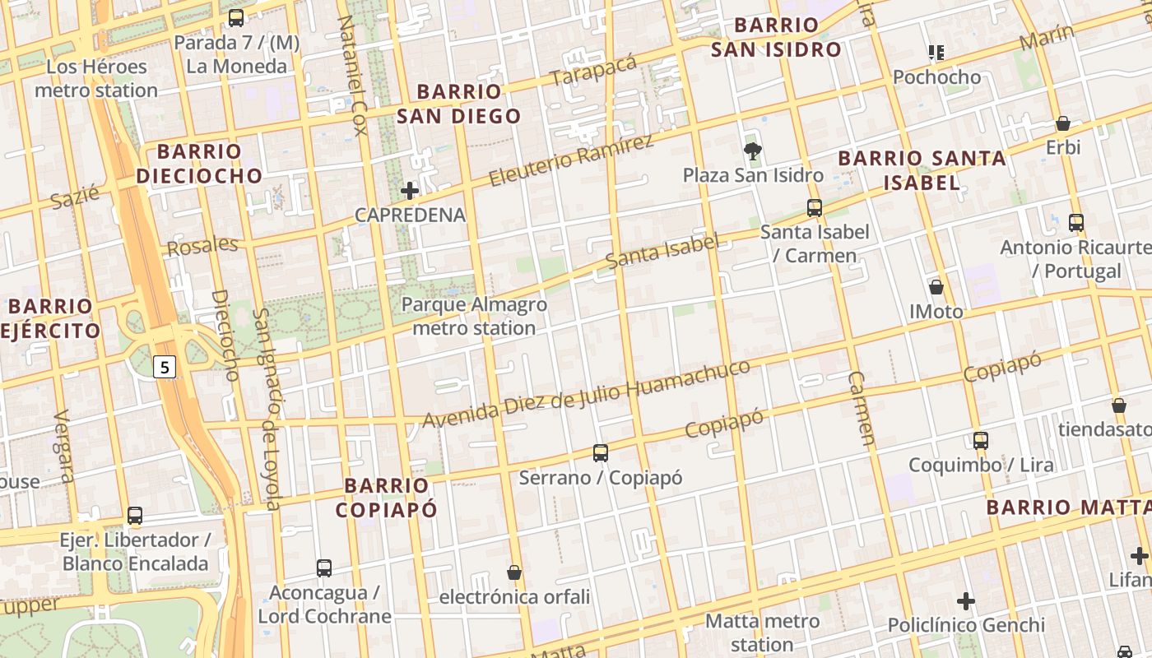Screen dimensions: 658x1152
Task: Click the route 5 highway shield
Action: click(165, 368)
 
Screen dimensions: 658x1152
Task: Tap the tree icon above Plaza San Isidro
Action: click(752, 151)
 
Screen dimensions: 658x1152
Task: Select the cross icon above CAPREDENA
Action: click(410, 191)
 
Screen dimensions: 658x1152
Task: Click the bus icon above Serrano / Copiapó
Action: click(601, 453)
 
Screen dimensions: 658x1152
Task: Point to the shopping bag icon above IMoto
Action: click(936, 287)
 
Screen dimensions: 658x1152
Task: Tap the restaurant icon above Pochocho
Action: click(936, 53)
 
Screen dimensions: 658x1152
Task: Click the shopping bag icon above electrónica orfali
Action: click(514, 572)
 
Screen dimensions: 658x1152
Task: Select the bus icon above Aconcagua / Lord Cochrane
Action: click(324, 568)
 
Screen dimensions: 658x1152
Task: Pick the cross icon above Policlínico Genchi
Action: click(966, 601)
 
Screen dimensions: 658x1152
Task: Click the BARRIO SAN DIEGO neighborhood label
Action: click(459, 104)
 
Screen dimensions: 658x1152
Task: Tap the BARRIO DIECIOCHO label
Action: click(199, 163)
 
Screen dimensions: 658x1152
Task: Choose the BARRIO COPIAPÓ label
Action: click(386, 497)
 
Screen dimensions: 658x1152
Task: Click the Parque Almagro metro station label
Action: click(474, 316)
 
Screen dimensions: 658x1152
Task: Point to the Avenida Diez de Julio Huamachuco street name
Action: click(586, 394)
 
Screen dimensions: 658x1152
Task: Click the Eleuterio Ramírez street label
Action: click(572, 160)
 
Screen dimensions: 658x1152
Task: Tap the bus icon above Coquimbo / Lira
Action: click(981, 440)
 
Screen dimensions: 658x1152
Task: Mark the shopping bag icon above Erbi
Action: click(1063, 123)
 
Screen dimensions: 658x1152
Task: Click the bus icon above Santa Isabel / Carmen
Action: click(815, 207)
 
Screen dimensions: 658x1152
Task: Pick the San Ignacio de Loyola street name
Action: click(267, 409)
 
